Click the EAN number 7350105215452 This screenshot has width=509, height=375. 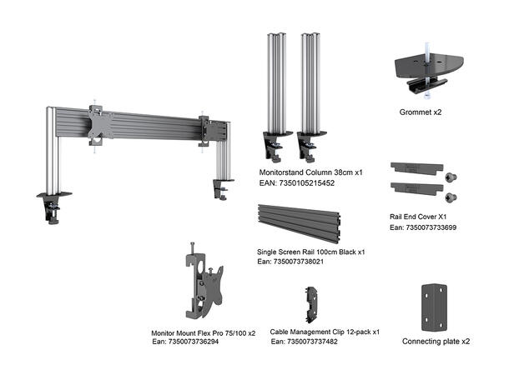click(298, 182)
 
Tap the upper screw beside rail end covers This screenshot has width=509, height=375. click(451, 177)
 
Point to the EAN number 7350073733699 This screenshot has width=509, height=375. click(422, 227)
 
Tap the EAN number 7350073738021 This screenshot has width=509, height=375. click(291, 262)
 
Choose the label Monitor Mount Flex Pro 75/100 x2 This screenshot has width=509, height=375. click(203, 332)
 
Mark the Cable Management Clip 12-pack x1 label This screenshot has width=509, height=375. click(325, 332)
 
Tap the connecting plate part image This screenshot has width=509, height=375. click(434, 304)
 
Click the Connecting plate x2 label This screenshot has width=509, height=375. click(436, 341)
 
